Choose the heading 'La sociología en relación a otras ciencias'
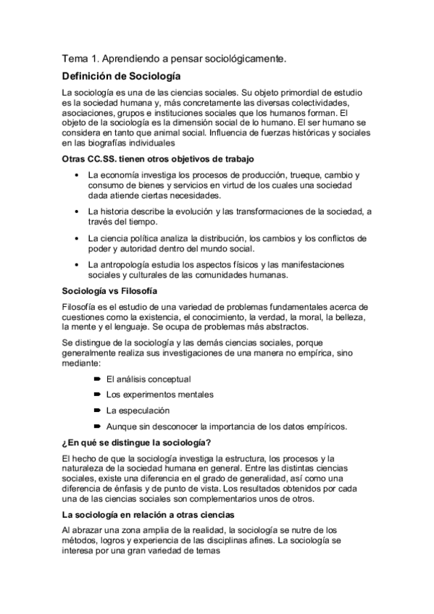(149, 515)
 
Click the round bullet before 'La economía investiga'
(77, 176)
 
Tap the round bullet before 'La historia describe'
(77, 211)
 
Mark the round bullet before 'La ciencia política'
(77, 237)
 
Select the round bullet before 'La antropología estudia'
(77, 264)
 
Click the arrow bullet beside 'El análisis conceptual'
(98, 379)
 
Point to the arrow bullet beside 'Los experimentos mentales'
(98, 395)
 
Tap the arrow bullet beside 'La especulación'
(98, 410)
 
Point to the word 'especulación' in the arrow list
(140, 410)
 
